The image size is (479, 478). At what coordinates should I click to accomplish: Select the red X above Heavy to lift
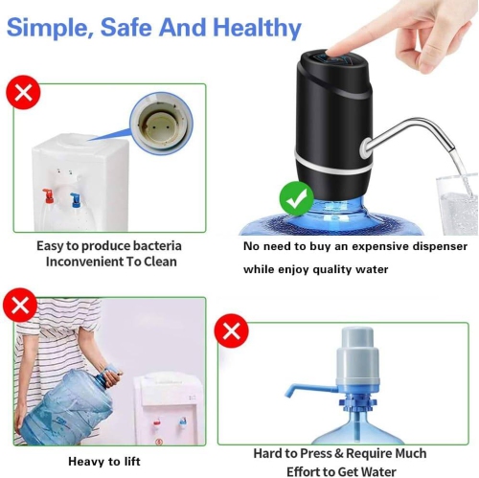(22, 306)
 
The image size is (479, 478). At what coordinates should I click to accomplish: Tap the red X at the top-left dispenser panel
(22, 93)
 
